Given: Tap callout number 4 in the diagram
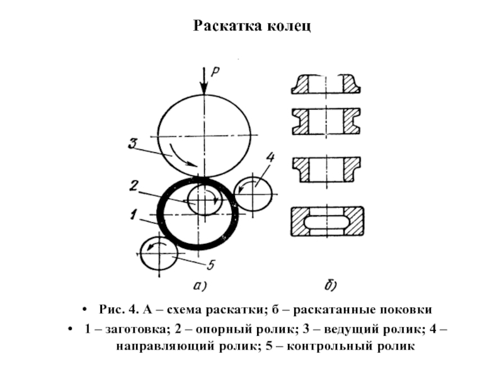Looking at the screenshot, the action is pyautogui.click(x=270, y=157).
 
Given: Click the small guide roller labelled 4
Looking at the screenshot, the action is pyautogui.click(x=253, y=194).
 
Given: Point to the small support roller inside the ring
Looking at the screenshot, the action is pyautogui.click(x=204, y=200).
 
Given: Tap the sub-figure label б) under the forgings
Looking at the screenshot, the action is pyautogui.click(x=330, y=287).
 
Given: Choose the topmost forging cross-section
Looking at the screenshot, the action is pyautogui.click(x=326, y=85).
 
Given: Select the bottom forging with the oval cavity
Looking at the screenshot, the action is pyautogui.click(x=326, y=222).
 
